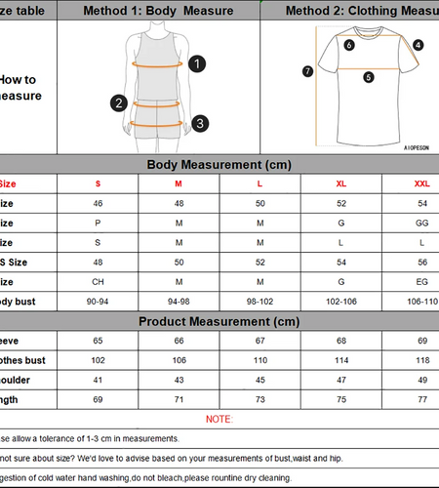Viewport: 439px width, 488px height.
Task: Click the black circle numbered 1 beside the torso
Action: tap(197, 64)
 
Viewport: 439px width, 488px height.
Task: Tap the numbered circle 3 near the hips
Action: tap(199, 123)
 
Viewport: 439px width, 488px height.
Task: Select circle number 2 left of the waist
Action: tap(119, 102)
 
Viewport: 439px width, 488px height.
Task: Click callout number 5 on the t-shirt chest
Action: tap(368, 77)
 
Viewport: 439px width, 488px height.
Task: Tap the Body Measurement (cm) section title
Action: tap(219, 164)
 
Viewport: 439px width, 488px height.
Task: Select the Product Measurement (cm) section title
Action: tap(219, 321)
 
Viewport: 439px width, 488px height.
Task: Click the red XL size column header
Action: tap(340, 183)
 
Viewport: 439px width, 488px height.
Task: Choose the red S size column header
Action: tap(98, 183)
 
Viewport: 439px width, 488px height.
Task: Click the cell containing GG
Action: tap(421, 222)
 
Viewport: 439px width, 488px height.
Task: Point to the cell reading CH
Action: tap(98, 281)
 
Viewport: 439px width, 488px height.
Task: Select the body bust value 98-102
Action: tap(259, 302)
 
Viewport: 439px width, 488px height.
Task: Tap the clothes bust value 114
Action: tap(340, 360)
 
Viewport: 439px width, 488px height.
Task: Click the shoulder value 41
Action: tap(98, 380)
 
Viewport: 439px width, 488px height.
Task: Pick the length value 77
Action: tap(421, 399)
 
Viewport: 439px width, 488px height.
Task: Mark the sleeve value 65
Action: tap(98, 341)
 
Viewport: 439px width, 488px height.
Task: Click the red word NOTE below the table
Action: tap(219, 419)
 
